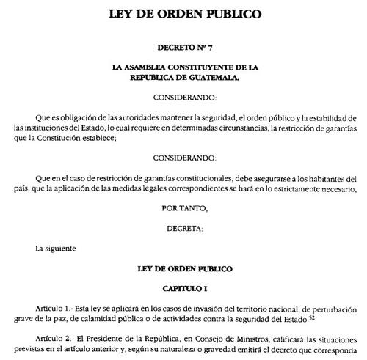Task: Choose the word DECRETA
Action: [x=183, y=228]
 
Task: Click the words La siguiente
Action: [x=56, y=249]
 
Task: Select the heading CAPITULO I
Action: [x=183, y=290]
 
